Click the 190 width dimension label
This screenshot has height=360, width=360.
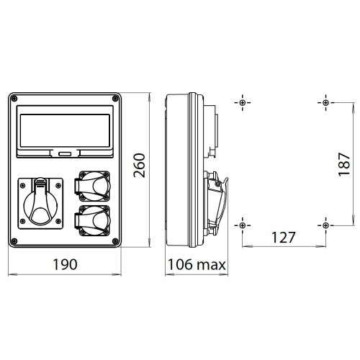point(66,264)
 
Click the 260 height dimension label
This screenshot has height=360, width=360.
point(141,166)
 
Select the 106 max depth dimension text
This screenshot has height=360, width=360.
point(197,264)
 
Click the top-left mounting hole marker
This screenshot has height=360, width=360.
point(243,102)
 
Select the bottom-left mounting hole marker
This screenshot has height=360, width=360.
point(243,225)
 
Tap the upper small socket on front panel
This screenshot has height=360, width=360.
point(90,184)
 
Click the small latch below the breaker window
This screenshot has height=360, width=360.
point(66,153)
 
